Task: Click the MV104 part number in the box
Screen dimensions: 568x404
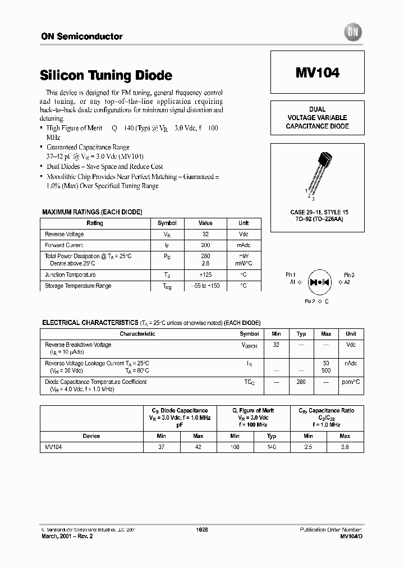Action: (x=317, y=73)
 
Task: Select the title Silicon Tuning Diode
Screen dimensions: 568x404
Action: (x=106, y=75)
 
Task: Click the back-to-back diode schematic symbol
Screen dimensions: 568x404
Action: (x=319, y=281)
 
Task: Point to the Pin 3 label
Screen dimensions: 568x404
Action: (x=348, y=275)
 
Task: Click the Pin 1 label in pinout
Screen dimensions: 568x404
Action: (x=290, y=275)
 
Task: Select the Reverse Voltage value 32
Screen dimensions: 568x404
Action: (x=205, y=234)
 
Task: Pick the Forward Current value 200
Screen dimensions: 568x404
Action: (x=205, y=245)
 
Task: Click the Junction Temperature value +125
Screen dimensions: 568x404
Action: (x=205, y=274)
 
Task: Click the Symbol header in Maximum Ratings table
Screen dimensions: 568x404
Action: (x=167, y=223)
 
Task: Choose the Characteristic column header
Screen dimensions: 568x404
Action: (x=137, y=333)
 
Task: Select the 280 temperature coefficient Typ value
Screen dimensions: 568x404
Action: (x=301, y=382)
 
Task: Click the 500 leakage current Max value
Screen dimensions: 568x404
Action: (x=326, y=370)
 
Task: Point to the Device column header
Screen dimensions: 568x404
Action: (x=91, y=436)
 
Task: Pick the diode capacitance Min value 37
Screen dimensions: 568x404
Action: (x=161, y=447)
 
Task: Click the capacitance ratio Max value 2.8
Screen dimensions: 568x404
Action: (x=345, y=447)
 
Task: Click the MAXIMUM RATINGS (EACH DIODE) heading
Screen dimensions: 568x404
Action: (x=92, y=212)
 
